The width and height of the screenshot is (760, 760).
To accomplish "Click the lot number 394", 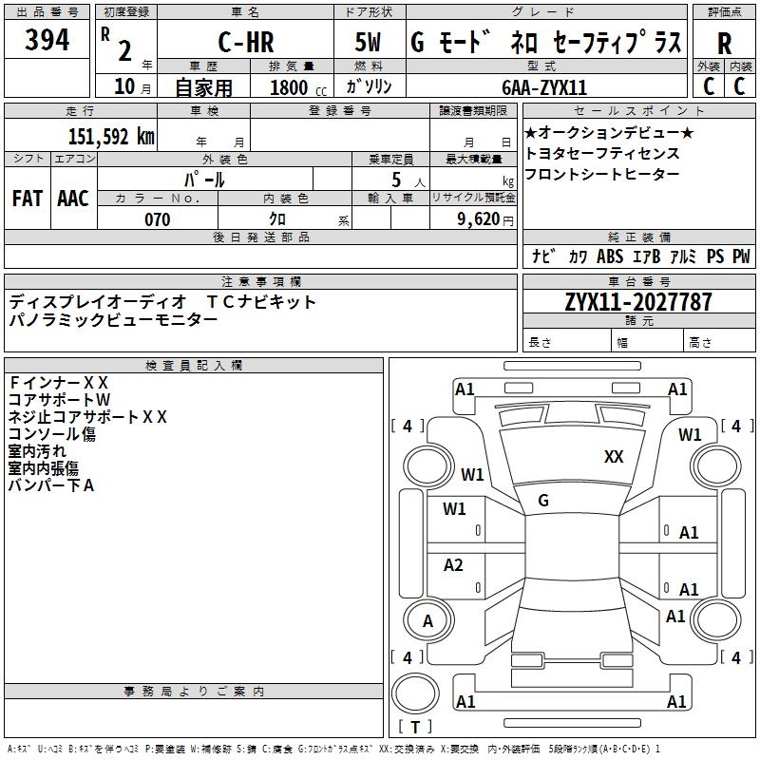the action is (x=47, y=40).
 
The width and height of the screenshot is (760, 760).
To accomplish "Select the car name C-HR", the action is (x=246, y=42).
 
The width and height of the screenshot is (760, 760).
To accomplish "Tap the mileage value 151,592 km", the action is (x=111, y=136).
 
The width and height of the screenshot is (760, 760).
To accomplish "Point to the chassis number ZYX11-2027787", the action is (x=638, y=302).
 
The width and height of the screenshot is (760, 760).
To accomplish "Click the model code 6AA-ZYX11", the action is (x=544, y=87).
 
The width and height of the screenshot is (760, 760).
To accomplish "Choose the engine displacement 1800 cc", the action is (x=298, y=87).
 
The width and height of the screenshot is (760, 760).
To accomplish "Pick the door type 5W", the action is (x=368, y=42).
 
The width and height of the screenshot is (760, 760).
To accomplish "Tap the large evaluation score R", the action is (x=724, y=44).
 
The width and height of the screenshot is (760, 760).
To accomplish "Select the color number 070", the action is (x=158, y=219).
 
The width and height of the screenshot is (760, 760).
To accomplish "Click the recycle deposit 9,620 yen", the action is (x=484, y=219).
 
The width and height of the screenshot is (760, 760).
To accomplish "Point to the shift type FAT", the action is (x=28, y=199).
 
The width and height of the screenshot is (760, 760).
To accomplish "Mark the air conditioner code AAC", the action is (x=73, y=199).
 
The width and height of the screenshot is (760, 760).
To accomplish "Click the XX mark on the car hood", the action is (x=614, y=456).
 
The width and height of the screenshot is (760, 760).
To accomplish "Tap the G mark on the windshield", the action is (x=543, y=501).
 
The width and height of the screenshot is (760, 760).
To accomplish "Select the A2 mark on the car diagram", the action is (x=453, y=564).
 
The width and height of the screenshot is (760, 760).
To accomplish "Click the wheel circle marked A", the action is (x=428, y=621).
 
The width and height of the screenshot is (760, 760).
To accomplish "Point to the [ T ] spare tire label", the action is (x=415, y=727).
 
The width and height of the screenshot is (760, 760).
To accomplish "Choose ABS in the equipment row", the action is (x=610, y=256).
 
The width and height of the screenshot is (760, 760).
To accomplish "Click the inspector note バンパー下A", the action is (x=51, y=485).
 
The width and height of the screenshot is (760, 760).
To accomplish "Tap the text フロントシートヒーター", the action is (x=601, y=174).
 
